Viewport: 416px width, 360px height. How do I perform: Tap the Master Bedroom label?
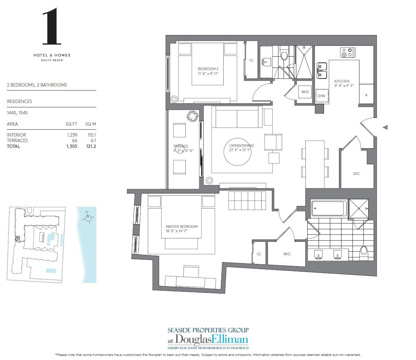(x=181, y=229)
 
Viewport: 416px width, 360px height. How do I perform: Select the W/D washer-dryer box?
(x=305, y=92)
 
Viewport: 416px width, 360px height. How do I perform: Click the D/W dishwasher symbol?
(x=321, y=96)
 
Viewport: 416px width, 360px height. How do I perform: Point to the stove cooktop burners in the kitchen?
(x=348, y=53)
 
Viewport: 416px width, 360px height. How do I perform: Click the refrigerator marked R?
(x=366, y=95)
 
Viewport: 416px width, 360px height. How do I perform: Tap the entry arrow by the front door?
(x=385, y=127)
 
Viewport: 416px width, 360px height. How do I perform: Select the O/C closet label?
(x=356, y=173)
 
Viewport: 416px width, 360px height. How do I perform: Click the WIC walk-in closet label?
(x=287, y=254)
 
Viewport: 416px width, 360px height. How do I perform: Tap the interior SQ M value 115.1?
(x=90, y=135)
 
